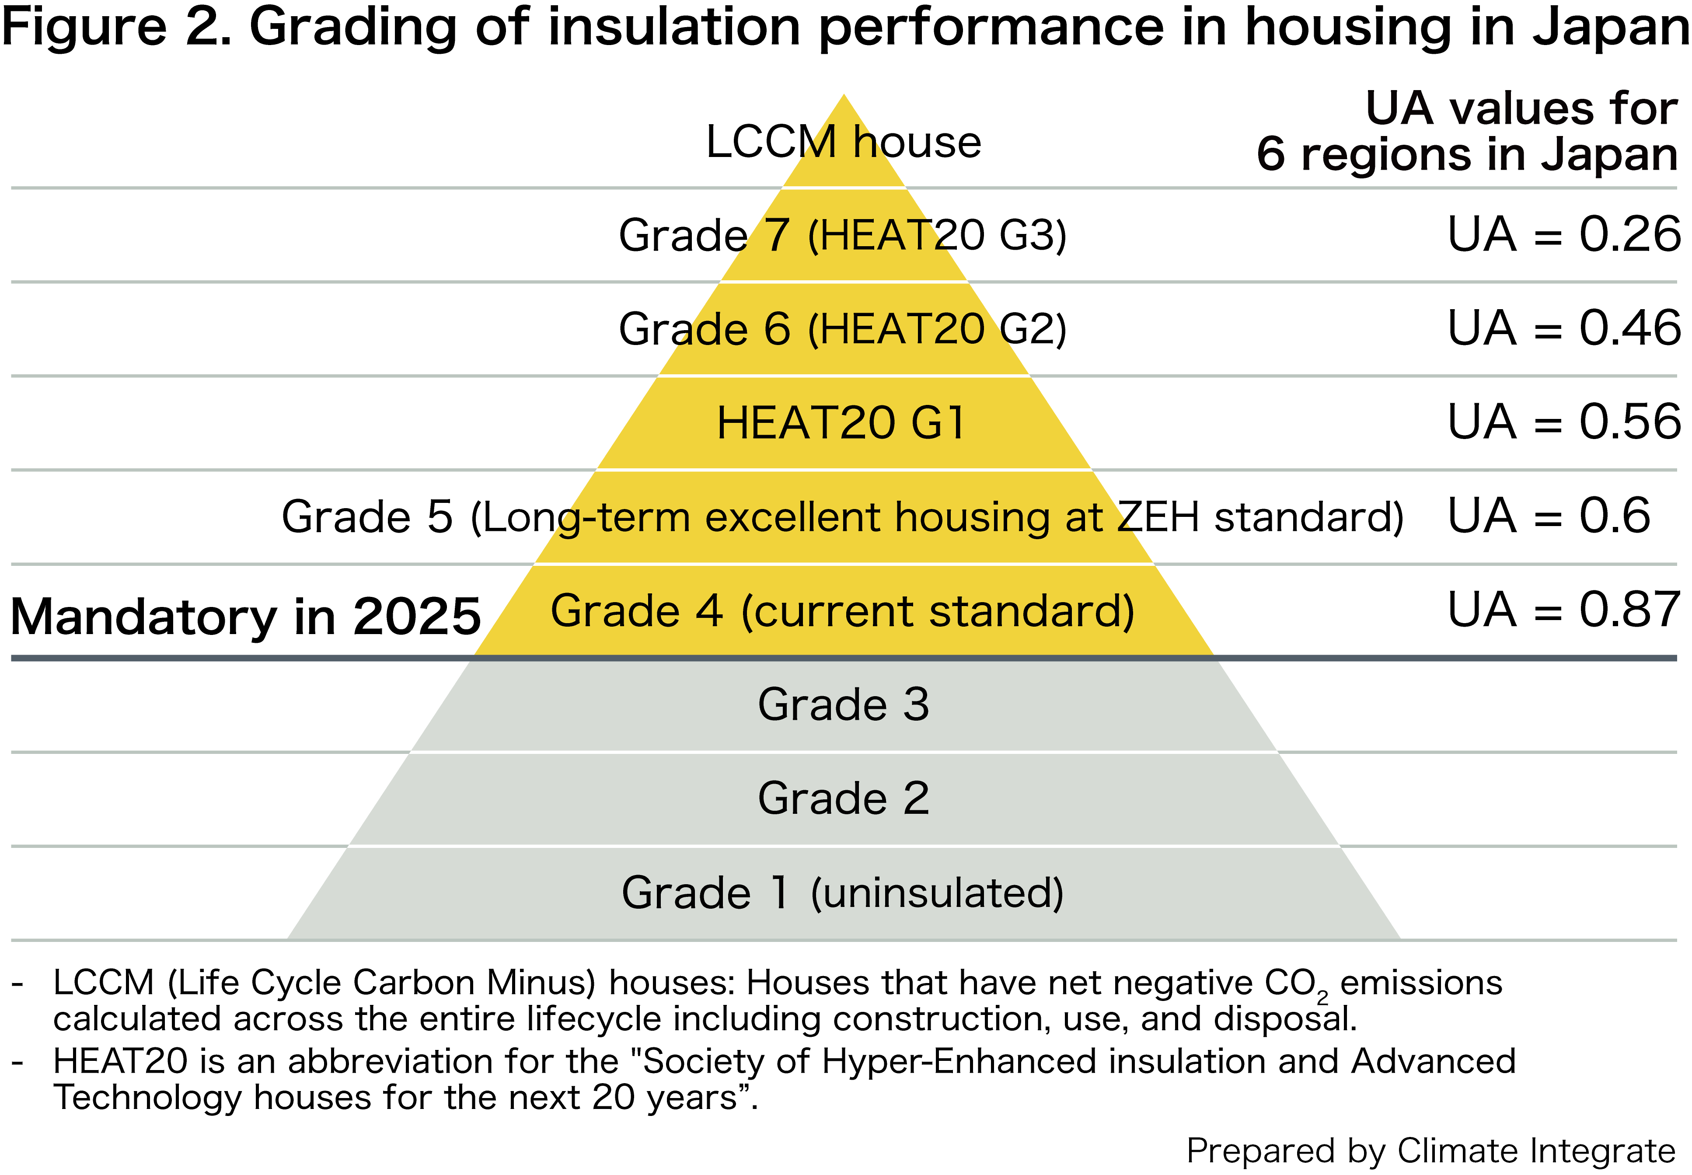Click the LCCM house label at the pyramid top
[843, 142]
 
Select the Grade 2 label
[843, 799]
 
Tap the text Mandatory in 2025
[245, 617]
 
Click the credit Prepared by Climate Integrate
[1430, 1151]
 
